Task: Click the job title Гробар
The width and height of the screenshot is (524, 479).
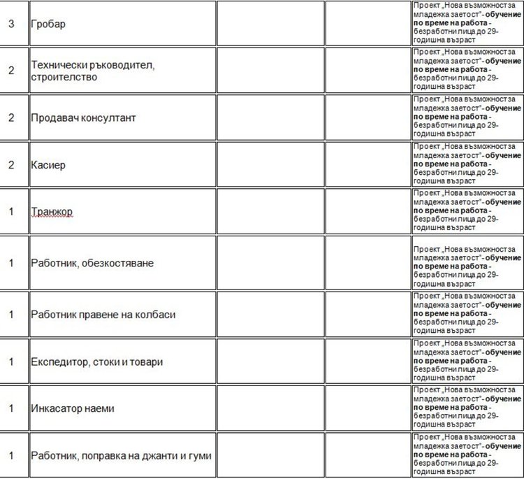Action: pos(48,24)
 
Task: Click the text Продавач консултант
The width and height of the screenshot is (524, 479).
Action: pos(83,117)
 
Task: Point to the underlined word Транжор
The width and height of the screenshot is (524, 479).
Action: pos(52,211)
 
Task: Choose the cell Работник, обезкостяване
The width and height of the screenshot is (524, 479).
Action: pos(92,263)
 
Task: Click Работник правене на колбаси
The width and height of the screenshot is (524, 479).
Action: pos(103,315)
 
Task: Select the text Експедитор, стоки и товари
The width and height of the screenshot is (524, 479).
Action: pos(96,362)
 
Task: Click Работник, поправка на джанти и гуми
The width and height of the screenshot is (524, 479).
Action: pos(121,456)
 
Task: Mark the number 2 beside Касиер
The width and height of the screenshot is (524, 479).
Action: pos(11,165)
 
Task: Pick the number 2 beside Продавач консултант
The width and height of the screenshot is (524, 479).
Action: pos(11,117)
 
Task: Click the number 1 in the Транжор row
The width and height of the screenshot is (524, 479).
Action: pos(11,211)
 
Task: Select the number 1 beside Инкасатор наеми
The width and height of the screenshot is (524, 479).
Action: pos(11,408)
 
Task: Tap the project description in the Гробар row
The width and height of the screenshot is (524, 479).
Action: pos(466,22)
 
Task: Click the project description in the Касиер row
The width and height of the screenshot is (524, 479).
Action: pos(466,164)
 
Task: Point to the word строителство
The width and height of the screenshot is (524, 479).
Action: pos(64,76)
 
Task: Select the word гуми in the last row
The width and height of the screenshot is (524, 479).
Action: pos(199,456)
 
